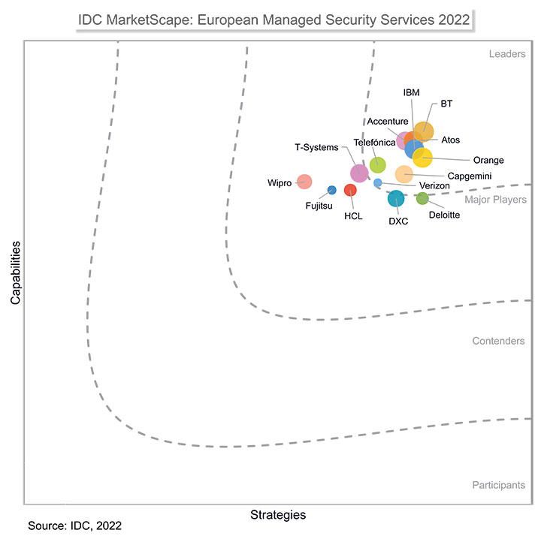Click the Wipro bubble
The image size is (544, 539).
pos(304,182)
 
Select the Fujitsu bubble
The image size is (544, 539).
pos(331,190)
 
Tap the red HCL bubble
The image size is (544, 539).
pos(350,190)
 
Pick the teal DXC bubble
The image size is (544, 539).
pos(396,199)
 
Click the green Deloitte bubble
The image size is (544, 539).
pos(422,199)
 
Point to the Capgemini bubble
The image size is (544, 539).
pos(404,174)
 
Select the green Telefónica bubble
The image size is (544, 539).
pos(378,165)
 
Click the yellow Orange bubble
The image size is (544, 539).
pos(423,158)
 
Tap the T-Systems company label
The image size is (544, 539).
pos(316,147)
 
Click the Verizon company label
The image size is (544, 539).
pos(434,186)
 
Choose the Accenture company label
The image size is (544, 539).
pos(388,122)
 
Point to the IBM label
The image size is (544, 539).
pos(412,93)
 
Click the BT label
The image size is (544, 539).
pos(446,104)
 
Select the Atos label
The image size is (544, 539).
pos(451,140)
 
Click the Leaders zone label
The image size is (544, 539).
pos(506,54)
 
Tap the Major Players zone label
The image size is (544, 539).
pos(494,200)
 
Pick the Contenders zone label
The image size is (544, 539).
pos(498,341)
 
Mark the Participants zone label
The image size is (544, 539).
pos(498,485)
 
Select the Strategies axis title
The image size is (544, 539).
pos(277,515)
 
